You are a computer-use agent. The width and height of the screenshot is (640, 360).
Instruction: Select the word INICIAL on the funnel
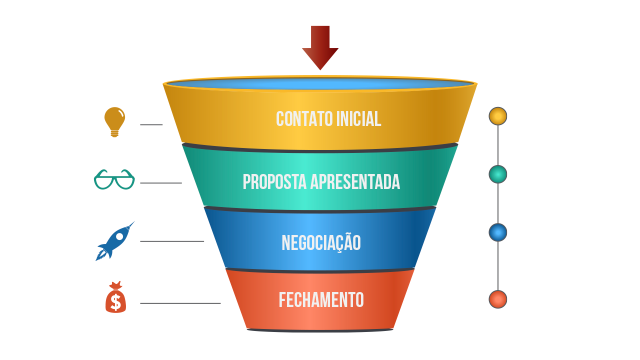(x=358, y=119)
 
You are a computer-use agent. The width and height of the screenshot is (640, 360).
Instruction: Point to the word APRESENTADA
(x=355, y=182)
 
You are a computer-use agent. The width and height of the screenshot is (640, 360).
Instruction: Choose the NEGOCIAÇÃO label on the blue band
(x=321, y=243)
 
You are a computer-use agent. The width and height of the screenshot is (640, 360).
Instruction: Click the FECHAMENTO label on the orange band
(x=321, y=300)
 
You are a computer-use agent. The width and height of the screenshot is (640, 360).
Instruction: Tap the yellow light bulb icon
(x=114, y=121)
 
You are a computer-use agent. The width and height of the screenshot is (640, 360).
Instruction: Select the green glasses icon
(x=114, y=180)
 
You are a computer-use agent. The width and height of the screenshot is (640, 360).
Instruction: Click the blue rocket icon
(x=115, y=241)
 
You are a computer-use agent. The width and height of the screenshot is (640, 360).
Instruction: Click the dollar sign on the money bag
(x=115, y=302)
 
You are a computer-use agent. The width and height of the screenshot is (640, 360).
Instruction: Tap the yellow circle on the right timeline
(x=497, y=116)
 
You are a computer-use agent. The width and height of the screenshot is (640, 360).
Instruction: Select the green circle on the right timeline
(x=497, y=174)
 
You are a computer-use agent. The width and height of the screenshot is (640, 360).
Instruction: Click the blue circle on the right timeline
(x=497, y=232)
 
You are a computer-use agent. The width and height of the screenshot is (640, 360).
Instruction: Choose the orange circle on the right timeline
(x=497, y=299)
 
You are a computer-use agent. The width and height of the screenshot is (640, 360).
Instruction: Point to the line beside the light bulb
(x=151, y=124)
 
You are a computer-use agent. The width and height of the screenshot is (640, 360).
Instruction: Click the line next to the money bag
(x=180, y=303)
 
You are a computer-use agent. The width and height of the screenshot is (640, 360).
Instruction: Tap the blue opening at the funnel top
(x=320, y=83)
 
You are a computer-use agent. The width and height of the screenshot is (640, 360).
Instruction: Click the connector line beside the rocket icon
(x=172, y=241)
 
